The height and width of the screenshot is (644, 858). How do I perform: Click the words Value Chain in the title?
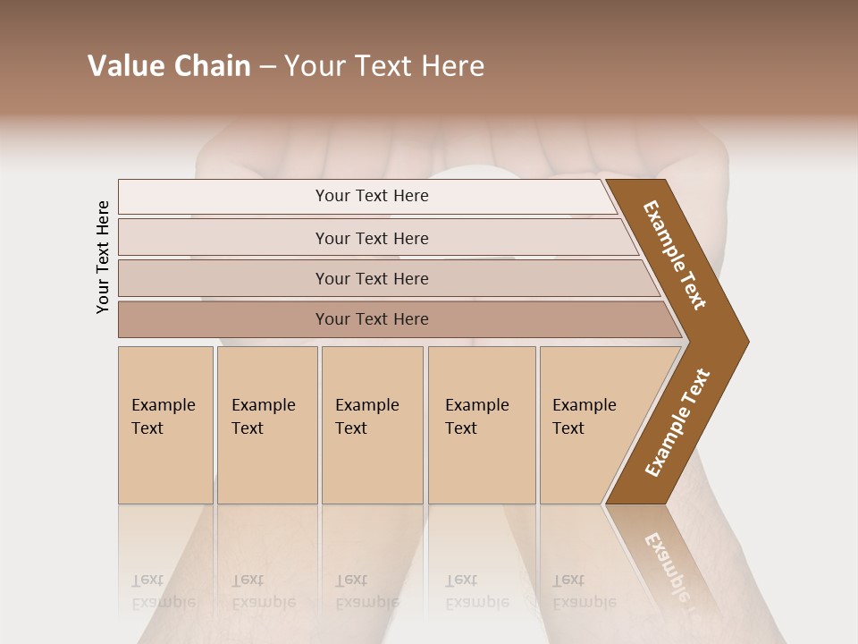coord(169,66)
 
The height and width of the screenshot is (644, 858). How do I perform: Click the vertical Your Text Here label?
coord(103,257)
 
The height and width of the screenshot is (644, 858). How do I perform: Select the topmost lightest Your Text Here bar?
coord(372,196)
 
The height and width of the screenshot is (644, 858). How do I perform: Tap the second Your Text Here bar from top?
coord(372,238)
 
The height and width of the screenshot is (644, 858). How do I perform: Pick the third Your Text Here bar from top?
coord(372,278)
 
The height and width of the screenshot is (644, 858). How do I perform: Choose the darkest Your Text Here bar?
coord(372,319)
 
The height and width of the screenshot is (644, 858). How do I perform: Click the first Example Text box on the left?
coord(165,424)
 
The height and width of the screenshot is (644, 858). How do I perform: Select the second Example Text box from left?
coord(266,424)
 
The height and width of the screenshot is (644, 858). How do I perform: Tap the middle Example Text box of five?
coord(372,424)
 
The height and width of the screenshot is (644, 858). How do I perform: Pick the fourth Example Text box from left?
coord(481,424)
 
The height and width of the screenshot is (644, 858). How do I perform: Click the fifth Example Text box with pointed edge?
coord(590,424)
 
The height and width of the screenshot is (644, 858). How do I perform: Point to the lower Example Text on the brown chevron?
coord(677,423)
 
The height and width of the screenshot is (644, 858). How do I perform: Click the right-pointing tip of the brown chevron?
coord(744,341)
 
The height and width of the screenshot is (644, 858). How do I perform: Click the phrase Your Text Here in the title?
coord(384,66)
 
